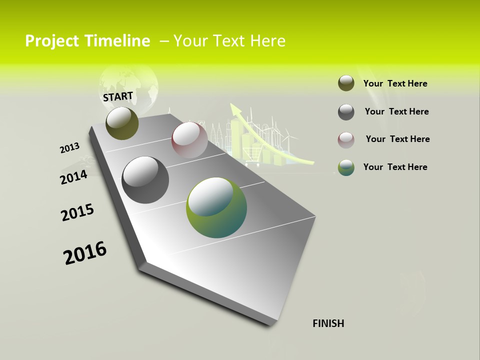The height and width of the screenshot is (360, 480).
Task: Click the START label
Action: (118, 96)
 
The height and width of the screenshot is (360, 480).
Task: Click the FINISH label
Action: (328, 323)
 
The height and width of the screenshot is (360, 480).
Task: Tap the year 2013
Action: (69, 148)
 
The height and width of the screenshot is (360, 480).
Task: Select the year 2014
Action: (73, 177)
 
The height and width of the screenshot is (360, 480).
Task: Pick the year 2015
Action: (77, 212)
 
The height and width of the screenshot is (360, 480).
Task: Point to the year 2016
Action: (85, 253)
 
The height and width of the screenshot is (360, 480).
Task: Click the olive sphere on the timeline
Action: (122, 123)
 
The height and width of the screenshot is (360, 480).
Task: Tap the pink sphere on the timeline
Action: (189, 139)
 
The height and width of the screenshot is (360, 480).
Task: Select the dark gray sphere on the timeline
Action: (145, 180)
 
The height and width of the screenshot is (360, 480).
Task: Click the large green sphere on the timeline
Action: (216, 207)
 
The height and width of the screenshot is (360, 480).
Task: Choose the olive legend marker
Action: (346, 83)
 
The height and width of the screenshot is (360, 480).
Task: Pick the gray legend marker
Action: (346, 112)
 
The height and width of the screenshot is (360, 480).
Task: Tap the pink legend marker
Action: (346, 140)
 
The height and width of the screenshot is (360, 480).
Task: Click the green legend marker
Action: (346, 167)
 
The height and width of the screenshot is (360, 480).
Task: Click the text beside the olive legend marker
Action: (395, 83)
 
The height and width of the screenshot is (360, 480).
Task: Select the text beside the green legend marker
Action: (395, 167)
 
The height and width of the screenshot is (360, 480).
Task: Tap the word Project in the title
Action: (51, 41)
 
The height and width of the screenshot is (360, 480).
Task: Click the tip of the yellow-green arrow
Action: (232, 105)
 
